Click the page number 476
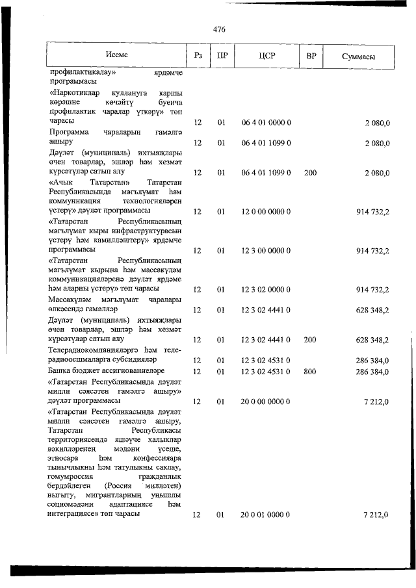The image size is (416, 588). coord(219,29)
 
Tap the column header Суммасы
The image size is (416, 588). coord(358,56)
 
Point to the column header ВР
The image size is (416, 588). coord(311,56)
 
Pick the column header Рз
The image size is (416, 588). coord(198,56)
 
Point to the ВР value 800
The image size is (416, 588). coord(310,372)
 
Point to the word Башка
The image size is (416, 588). coord(60,372)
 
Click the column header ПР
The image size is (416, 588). coord(222,56)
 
